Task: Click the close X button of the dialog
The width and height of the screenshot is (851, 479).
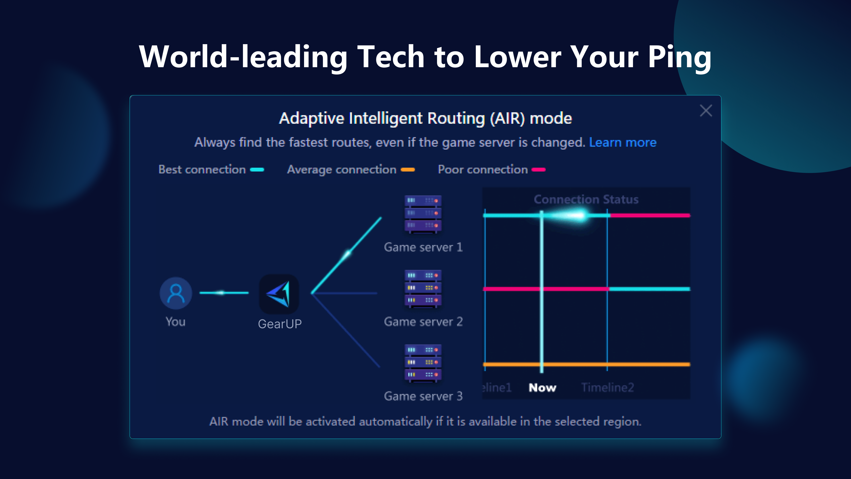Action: click(x=706, y=111)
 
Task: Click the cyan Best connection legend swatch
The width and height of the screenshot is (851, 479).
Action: click(x=257, y=170)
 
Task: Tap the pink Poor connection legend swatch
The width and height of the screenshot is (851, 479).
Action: click(x=539, y=170)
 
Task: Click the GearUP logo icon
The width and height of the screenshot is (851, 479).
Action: click(x=279, y=294)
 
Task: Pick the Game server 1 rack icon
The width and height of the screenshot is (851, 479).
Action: click(x=423, y=214)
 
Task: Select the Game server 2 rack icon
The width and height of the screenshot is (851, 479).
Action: click(x=423, y=288)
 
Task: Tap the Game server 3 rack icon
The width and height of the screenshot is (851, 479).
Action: click(x=423, y=363)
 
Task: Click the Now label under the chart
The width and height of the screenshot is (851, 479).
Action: click(x=542, y=387)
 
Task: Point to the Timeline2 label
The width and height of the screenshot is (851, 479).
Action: click(x=607, y=387)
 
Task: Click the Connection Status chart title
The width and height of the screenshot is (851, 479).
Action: click(x=586, y=199)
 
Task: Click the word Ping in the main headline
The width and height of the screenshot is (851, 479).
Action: click(x=679, y=57)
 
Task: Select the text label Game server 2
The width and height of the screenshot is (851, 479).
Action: click(x=423, y=322)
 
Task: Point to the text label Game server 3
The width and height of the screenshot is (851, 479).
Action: click(x=423, y=396)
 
